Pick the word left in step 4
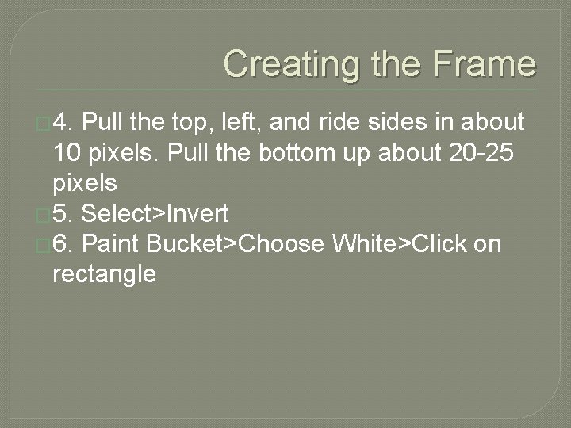[240, 123]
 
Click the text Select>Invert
[155, 214]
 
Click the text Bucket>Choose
[236, 244]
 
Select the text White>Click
[399, 244]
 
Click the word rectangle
[104, 275]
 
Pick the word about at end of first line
[493, 123]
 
